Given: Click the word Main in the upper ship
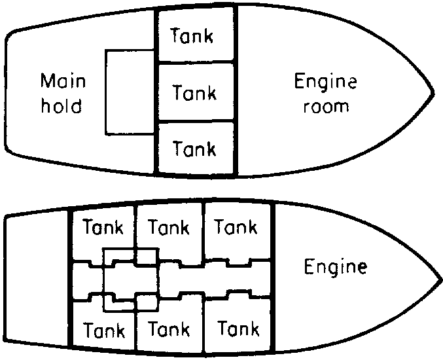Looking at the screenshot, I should pyautogui.click(x=63, y=82).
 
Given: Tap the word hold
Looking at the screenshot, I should pyautogui.click(x=62, y=105).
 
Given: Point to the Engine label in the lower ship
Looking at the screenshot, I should pyautogui.click(x=336, y=267).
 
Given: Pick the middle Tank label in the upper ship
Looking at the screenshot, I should pyautogui.click(x=194, y=93).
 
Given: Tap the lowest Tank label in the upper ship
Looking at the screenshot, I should pyautogui.click(x=194, y=149).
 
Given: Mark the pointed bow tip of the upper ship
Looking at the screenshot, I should pyautogui.click(x=433, y=93).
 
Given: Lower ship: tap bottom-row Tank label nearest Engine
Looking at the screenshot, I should pyautogui.click(x=238, y=328).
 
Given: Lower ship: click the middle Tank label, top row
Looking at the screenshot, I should pyautogui.click(x=169, y=228).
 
